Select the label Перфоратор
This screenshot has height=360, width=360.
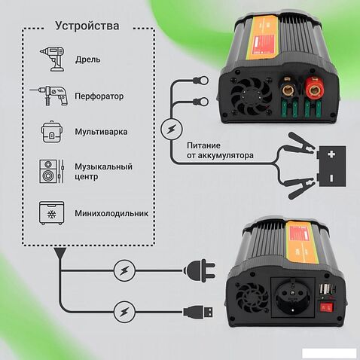99,96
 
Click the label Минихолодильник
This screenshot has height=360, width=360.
111,213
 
